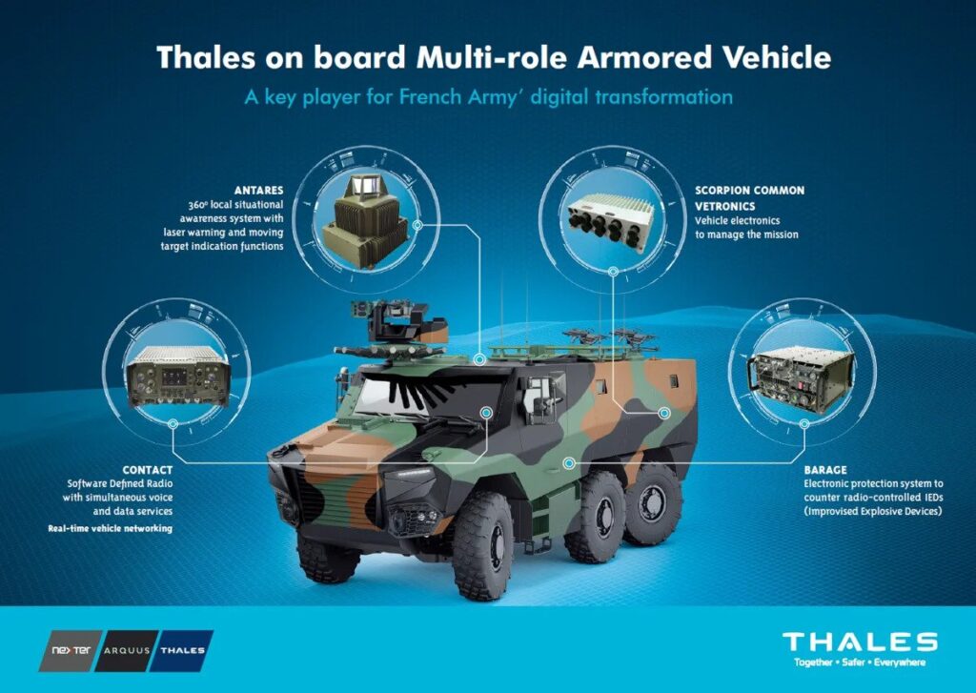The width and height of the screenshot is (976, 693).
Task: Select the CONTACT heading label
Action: tap(148, 470)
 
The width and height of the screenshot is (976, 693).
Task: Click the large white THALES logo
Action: tap(860, 642)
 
